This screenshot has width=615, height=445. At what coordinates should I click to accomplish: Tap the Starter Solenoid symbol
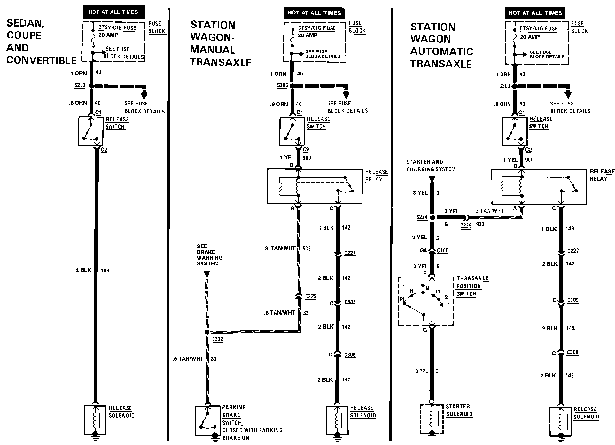click(432, 419)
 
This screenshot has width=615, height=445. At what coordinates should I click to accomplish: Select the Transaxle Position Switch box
click(425, 301)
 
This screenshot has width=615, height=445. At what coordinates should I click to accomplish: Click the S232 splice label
click(217, 339)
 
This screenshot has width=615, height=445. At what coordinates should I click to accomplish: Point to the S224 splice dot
click(432, 218)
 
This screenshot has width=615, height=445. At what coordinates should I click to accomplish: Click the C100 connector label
click(443, 250)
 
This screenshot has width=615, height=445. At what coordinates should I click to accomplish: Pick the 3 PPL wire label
click(421, 371)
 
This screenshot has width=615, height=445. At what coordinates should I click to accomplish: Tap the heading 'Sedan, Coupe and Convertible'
click(41, 42)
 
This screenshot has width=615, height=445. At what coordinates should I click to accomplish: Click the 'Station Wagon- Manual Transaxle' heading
click(221, 43)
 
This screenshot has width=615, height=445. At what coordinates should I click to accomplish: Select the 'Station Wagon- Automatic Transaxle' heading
click(441, 45)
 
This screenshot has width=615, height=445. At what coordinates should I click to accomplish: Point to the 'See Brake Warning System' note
click(209, 255)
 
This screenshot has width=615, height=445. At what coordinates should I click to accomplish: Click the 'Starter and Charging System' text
click(431, 166)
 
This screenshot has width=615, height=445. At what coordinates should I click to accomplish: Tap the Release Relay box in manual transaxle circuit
click(315, 186)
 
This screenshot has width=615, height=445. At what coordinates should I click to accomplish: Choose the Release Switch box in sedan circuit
click(91, 131)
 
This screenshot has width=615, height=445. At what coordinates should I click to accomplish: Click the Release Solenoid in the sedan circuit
click(95, 418)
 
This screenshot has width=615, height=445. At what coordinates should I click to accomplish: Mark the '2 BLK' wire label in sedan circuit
click(83, 270)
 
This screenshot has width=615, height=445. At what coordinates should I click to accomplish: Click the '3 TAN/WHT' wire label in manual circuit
click(280, 248)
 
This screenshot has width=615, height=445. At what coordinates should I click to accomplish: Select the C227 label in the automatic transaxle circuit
click(573, 251)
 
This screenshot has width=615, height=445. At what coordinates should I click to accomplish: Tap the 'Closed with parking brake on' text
click(252, 434)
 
